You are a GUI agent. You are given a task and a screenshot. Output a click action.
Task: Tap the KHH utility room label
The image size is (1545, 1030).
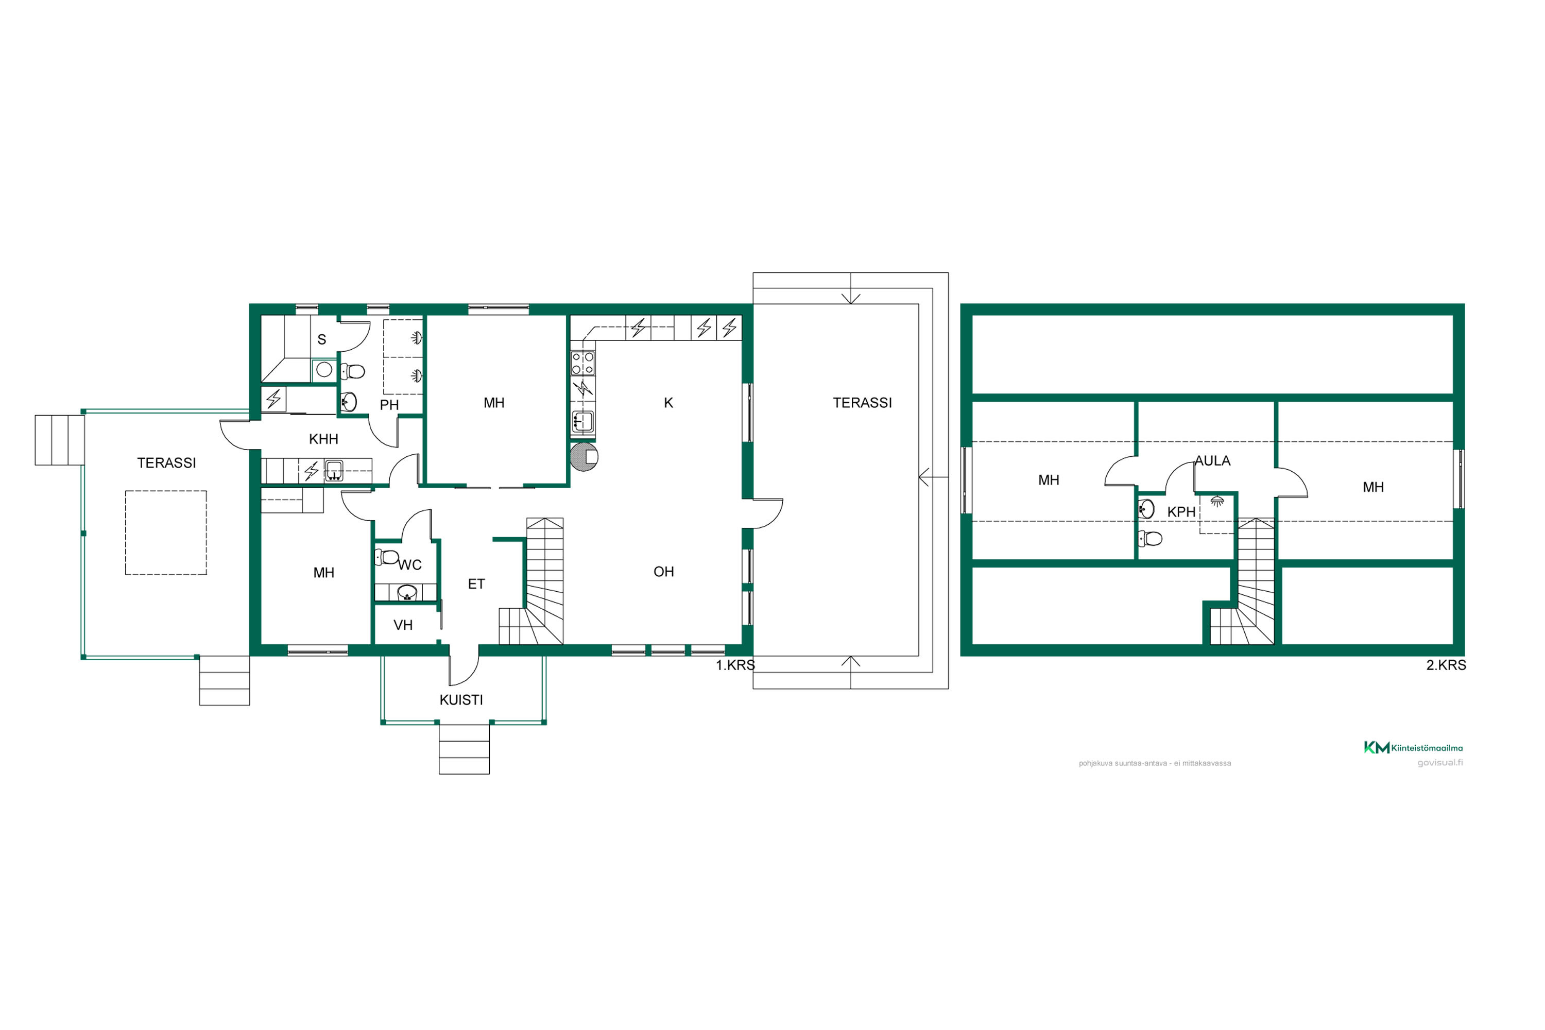coord(323,439)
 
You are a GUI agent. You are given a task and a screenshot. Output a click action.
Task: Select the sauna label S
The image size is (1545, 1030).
coord(322,339)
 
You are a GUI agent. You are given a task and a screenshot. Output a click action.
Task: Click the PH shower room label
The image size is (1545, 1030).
coord(389,405)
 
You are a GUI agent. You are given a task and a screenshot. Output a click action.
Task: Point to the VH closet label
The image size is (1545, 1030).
coord(403,625)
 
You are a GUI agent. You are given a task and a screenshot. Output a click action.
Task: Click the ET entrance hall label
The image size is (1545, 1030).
coord(476,584)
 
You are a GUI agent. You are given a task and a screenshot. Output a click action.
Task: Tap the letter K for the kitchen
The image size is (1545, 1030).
coord(668,403)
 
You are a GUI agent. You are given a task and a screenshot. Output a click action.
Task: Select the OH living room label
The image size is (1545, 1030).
coord(663,572)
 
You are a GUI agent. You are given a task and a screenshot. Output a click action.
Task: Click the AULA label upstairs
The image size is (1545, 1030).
coord(1213,461)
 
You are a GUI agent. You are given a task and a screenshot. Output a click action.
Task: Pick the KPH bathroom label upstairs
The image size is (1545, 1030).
coord(1181,512)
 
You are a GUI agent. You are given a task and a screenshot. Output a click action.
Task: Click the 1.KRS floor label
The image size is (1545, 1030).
coord(735,665)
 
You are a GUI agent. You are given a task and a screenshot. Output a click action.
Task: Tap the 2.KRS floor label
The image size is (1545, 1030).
coord(1446,665)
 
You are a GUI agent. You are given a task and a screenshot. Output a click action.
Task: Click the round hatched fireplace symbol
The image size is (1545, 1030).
coord(584,457)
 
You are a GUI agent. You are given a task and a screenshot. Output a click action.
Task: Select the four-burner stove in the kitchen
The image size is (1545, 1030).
coord(582,363)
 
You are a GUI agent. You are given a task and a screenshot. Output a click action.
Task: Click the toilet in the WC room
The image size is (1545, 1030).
coord(387,557)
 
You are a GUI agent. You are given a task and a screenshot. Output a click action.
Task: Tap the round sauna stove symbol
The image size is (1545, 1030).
coord(324,370)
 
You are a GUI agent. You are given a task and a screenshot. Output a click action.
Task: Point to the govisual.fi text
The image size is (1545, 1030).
coord(1440,763)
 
